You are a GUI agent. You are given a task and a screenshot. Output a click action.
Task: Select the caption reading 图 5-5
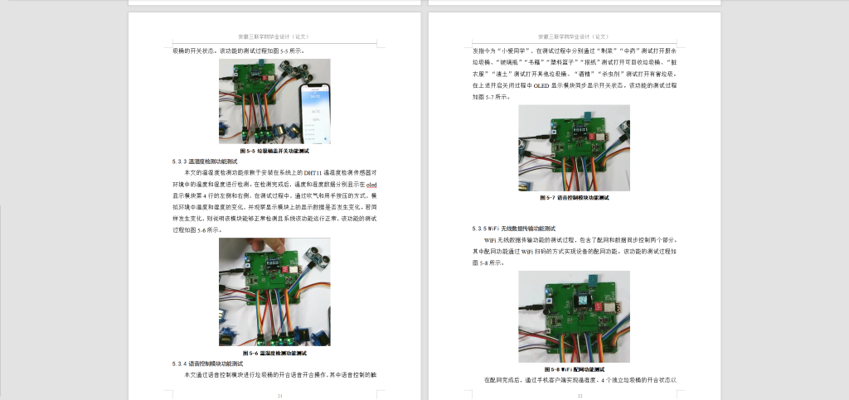click(274, 152)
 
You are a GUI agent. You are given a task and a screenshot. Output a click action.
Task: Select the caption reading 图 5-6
click(274, 353)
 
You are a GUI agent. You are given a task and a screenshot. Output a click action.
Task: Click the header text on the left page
click(274, 36)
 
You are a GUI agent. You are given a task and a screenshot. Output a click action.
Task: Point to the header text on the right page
click(574, 36)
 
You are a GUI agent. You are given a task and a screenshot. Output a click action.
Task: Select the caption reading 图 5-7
click(574, 198)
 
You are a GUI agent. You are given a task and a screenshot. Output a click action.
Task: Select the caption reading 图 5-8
click(574, 369)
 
